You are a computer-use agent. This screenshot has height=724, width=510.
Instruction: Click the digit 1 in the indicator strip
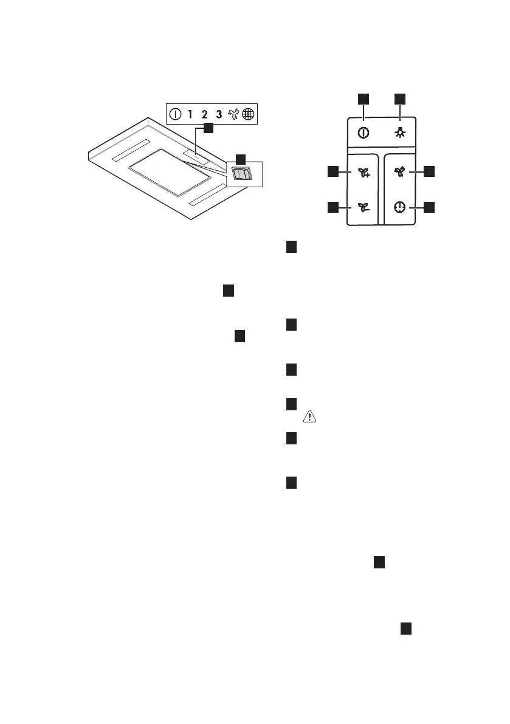click(x=190, y=114)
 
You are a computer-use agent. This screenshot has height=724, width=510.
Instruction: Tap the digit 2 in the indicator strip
click(x=204, y=114)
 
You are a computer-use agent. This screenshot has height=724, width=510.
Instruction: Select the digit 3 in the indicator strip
click(x=219, y=114)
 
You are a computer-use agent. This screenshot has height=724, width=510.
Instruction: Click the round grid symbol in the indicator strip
click(x=247, y=114)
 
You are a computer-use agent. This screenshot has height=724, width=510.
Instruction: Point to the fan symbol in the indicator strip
click(x=233, y=114)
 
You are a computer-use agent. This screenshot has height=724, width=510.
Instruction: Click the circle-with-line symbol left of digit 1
click(x=175, y=114)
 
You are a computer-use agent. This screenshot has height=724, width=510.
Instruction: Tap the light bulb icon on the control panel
click(x=400, y=133)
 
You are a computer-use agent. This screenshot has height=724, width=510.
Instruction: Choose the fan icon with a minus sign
click(x=364, y=208)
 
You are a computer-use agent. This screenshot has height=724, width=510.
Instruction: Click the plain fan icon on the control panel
click(x=399, y=172)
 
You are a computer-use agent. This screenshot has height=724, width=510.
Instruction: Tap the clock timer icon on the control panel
click(x=399, y=208)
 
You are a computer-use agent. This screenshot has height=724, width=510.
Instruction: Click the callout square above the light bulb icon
click(x=400, y=98)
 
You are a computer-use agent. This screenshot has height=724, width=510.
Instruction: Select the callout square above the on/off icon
click(x=363, y=98)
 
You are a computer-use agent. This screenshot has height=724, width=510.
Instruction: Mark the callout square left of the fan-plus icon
click(x=333, y=172)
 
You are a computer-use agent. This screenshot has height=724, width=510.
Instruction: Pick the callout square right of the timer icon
click(x=429, y=208)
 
